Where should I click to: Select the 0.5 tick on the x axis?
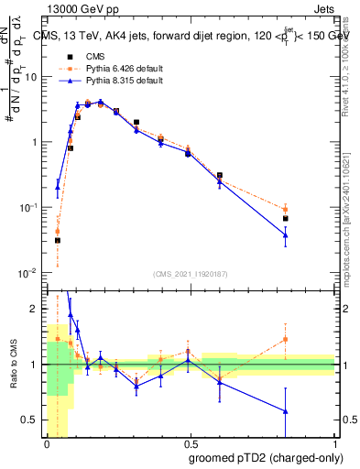(x=191, y=444)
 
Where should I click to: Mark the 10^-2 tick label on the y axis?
(x=30, y=273)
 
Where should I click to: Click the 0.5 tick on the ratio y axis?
(x=33, y=420)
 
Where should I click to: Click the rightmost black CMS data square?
(x=286, y=219)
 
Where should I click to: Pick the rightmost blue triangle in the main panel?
(x=286, y=235)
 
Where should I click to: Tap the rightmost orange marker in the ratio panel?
(x=286, y=339)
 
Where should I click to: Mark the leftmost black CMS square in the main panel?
(x=57, y=240)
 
